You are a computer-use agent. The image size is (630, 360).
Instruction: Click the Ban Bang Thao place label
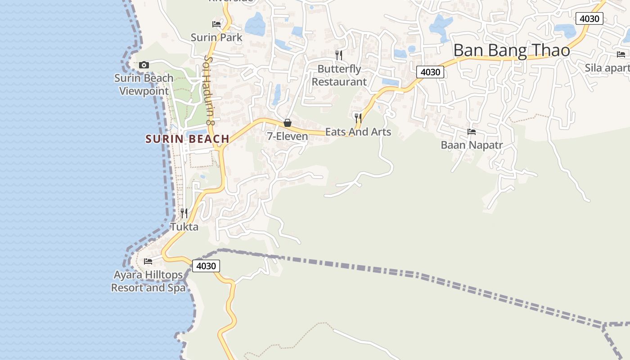click(511, 50)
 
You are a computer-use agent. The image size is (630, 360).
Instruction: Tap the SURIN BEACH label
click(187, 139)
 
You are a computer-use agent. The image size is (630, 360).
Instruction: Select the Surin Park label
click(216, 37)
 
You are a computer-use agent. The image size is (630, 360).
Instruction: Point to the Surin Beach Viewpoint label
click(144, 85)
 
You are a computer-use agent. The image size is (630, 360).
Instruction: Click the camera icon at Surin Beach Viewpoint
click(144, 65)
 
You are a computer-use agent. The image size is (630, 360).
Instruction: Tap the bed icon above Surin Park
click(216, 24)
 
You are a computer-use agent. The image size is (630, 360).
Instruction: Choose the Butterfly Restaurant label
click(339, 75)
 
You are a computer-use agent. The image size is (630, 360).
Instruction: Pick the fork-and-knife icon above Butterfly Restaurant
click(339, 55)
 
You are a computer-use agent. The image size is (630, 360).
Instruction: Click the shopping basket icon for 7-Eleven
click(288, 123)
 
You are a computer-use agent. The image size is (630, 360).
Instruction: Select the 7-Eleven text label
click(288, 136)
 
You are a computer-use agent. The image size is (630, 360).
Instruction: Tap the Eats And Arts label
click(358, 132)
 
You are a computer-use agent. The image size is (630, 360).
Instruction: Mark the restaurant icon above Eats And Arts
click(358, 118)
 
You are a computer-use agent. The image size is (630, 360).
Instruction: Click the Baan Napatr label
click(472, 145)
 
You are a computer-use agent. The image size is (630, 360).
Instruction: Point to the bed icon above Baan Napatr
click(472, 132)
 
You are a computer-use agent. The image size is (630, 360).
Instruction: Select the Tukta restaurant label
click(184, 227)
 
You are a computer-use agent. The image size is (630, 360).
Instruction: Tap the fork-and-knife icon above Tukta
click(184, 213)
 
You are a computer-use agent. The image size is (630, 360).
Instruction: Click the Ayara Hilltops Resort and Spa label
click(148, 281)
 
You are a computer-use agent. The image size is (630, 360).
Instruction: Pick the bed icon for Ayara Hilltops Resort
click(148, 261)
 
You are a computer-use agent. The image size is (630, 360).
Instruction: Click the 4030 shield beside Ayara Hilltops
click(207, 266)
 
